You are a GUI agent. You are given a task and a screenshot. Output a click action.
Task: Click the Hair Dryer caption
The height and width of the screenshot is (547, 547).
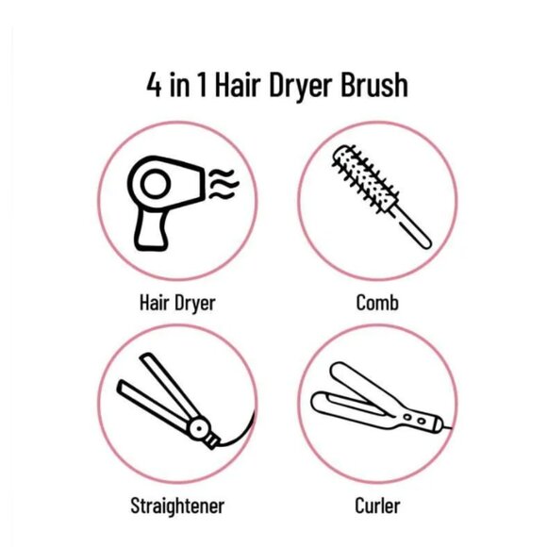(x=176, y=303)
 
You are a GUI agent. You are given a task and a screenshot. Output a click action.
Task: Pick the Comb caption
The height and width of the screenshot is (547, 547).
(x=376, y=303)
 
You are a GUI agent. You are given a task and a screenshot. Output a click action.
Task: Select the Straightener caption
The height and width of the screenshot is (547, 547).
(x=176, y=506)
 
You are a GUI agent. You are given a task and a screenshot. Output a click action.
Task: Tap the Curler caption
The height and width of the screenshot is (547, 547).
(x=377, y=506)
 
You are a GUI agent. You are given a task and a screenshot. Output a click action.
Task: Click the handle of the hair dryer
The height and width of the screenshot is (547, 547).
(x=152, y=227)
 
